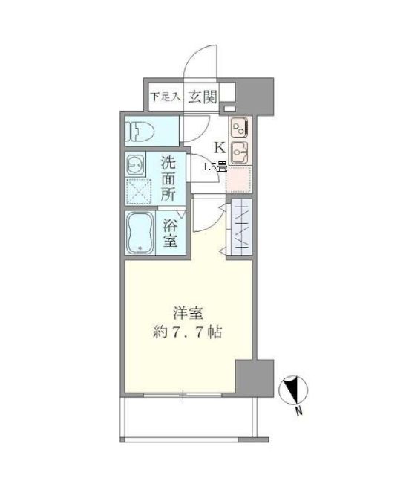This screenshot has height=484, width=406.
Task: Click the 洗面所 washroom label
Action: point(168,179)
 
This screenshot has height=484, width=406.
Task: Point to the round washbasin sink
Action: point(136,164)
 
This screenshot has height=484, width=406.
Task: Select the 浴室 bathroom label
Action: point(170,234)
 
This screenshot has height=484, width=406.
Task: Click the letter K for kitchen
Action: point(220,146)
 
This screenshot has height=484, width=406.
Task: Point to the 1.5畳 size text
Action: point(215,167)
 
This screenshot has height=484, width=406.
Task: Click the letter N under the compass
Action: point(297,411)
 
